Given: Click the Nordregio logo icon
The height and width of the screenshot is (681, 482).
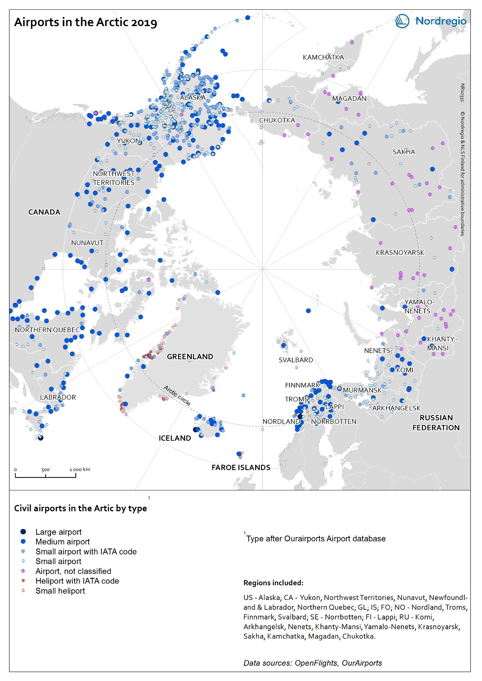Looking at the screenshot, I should click(402, 21).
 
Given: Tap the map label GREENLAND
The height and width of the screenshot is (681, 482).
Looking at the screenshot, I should click(190, 356).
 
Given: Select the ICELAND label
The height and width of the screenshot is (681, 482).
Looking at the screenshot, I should click(175, 438).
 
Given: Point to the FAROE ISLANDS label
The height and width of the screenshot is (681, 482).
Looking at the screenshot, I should click(241, 467).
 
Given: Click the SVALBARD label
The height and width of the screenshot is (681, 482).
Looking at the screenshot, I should click(296, 360).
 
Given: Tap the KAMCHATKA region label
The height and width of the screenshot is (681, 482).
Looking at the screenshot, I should click(323, 57).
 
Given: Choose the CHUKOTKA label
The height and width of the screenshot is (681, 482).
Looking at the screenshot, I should click(277, 120).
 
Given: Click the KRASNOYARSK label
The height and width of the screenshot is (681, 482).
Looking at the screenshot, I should click(400, 253).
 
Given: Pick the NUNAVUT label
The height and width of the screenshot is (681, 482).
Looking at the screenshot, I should click(87, 243).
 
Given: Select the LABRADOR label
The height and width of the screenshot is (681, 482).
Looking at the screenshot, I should click(58, 397).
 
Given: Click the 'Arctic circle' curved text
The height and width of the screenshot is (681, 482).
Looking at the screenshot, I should click(177, 395).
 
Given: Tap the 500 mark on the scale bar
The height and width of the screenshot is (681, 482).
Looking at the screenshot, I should click(46, 470).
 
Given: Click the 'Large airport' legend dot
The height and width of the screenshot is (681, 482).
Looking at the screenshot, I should click(23, 532).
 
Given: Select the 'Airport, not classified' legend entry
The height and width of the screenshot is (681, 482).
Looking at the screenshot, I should click(73, 571).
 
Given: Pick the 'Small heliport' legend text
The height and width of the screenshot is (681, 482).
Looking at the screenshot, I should click(60, 591).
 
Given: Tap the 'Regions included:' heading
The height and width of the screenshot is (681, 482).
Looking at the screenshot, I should click(273, 583).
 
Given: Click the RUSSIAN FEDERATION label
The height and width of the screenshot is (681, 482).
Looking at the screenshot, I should click(436, 423).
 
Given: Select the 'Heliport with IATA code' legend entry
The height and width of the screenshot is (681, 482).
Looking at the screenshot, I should click(77, 581).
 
